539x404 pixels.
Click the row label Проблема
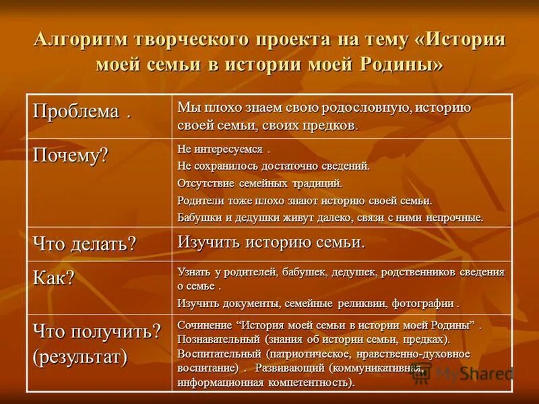coord(75,112)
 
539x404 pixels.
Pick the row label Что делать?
coord(84,244)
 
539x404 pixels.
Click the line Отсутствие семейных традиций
coord(259,183)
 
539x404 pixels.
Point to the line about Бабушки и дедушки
coord(330,217)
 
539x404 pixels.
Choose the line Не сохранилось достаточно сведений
coord(274,166)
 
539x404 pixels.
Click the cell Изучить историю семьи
coord(271,242)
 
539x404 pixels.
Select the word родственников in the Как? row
coord(403,272)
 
